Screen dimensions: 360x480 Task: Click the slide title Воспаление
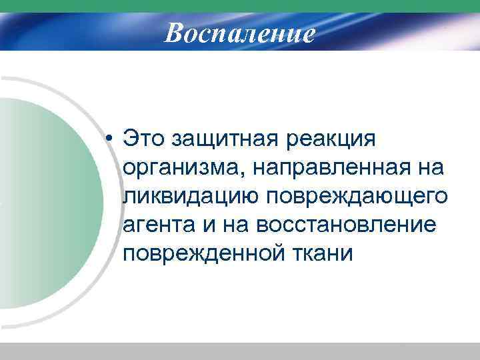click(240, 32)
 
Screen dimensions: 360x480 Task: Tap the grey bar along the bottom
click(240, 351)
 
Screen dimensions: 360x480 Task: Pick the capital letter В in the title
click(174, 32)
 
